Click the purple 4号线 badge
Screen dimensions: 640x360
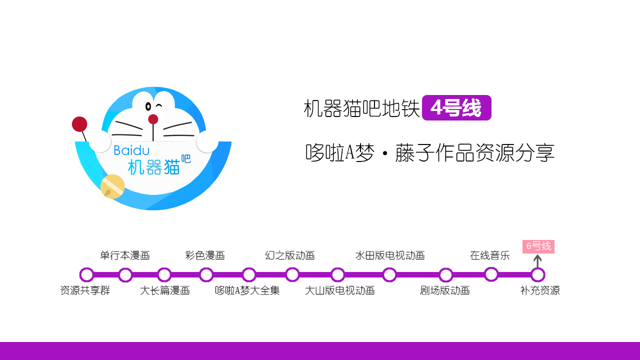pos(456,108)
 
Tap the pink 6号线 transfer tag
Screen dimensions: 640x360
pos(538,246)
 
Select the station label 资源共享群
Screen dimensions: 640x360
pos(85,290)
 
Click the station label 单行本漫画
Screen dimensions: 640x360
pos(125,255)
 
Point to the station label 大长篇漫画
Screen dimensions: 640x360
pos(165,290)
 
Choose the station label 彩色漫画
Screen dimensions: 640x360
pos(205,255)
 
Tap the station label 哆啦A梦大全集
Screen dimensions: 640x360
pos(247,290)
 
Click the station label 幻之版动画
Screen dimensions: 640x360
pos(290,255)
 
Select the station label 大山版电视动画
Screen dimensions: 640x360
pos(340,290)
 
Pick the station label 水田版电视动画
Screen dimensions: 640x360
pos(390,255)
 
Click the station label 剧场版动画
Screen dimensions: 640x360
pos(445,290)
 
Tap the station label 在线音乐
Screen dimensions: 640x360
pos(490,255)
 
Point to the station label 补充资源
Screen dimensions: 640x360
pos(540,290)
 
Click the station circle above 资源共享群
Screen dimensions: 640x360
pos(86,274)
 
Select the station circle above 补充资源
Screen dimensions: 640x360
pos(537,274)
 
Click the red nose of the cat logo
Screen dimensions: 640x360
pos(153,119)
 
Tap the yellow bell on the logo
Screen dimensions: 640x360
pos(112,186)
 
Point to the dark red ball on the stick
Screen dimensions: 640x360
pos(79,124)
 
